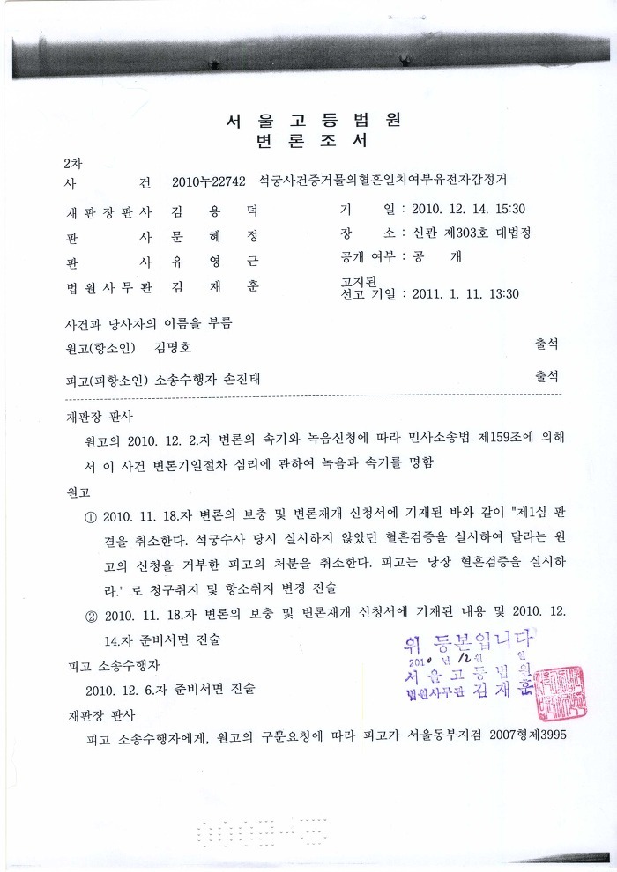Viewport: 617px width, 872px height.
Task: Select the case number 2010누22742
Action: click(209, 182)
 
